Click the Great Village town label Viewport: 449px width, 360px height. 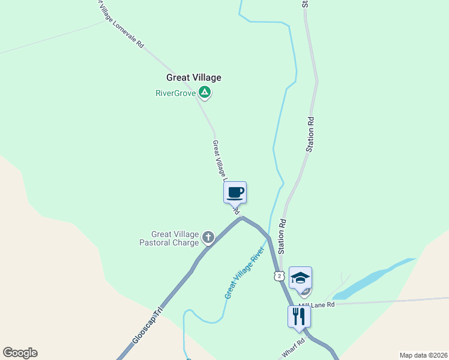coord(193,77)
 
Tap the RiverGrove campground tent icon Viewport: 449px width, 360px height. coord(205,92)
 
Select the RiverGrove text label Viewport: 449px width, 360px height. coord(175,93)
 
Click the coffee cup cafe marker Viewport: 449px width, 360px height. coord(235,193)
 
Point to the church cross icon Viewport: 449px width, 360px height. coord(208,238)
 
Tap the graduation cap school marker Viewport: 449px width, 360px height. coord(300,278)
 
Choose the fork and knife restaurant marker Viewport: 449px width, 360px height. coord(299,316)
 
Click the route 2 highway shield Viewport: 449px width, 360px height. coord(278,275)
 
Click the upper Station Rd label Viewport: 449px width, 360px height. coord(310,134)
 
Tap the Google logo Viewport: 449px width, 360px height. coord(20,353)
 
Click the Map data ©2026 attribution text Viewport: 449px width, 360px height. coord(423,355)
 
